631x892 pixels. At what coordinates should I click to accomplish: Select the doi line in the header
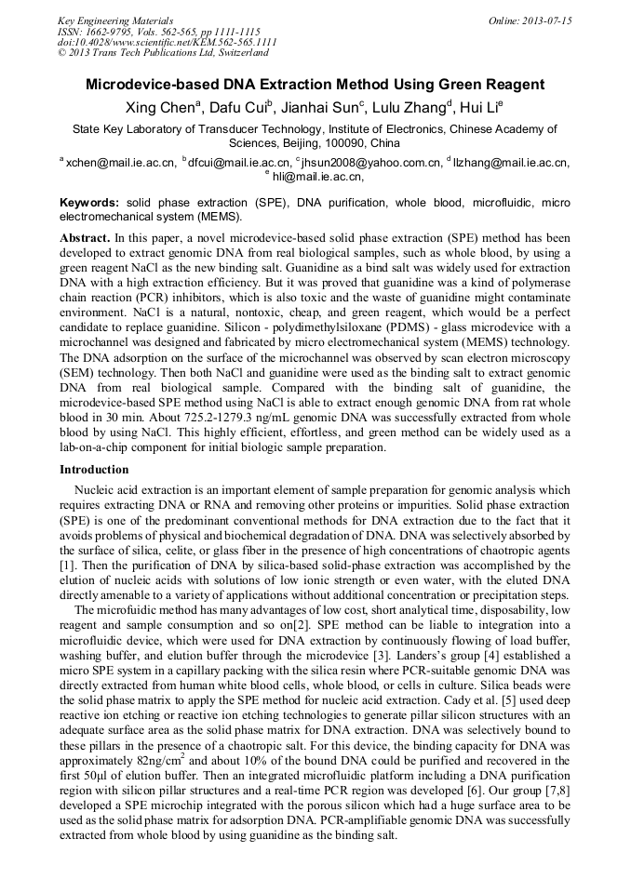pyautogui.click(x=167, y=42)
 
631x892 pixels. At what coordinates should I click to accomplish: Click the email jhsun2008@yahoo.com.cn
pyautogui.click(x=370, y=163)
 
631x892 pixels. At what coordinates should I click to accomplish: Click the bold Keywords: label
pyautogui.click(x=89, y=203)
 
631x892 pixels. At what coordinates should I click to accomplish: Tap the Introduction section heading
pyautogui.click(x=94, y=470)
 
